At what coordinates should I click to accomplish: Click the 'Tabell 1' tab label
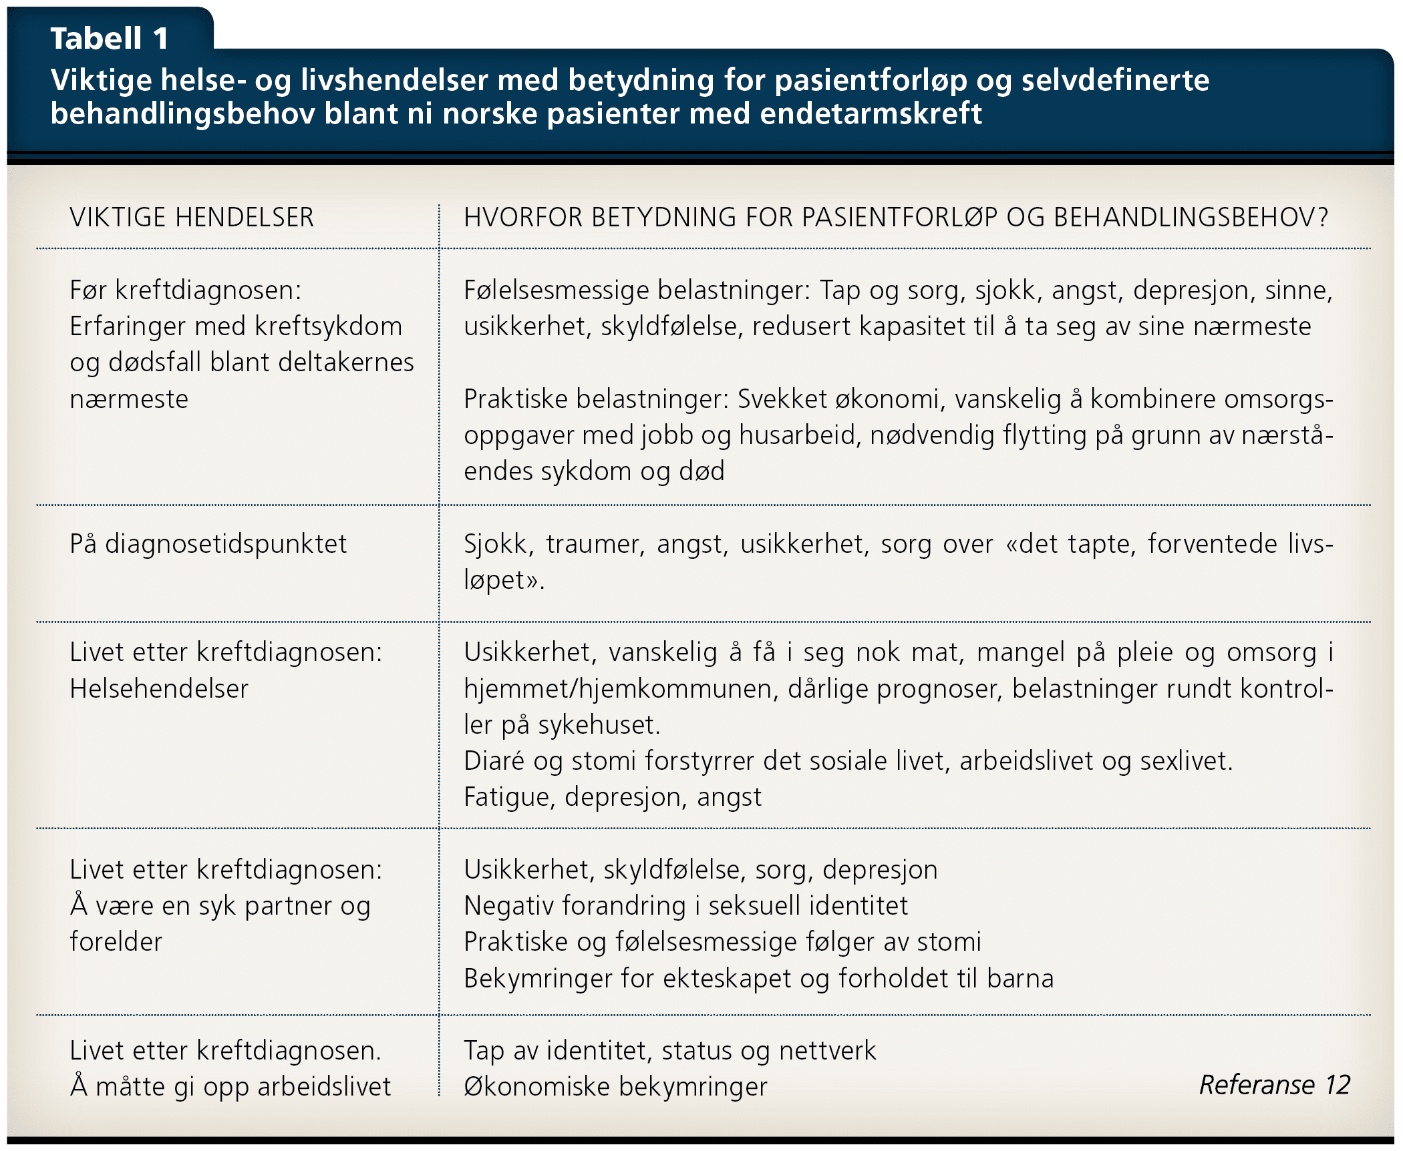[x=109, y=38]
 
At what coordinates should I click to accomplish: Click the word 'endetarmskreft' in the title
[x=871, y=113]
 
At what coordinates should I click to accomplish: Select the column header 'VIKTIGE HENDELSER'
[x=192, y=218]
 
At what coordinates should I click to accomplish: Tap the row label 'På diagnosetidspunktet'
[x=208, y=544]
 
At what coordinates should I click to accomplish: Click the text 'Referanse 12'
[x=1274, y=1085]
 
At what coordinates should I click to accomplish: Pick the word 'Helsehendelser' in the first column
[x=159, y=689]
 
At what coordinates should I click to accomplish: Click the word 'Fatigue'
[x=506, y=797]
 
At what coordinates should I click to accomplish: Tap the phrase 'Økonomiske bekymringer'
[x=615, y=1087]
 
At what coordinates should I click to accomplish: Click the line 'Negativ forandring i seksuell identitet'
[x=685, y=906]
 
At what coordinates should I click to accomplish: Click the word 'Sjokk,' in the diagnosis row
[x=498, y=544]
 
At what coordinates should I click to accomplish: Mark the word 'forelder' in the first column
[x=116, y=942]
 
